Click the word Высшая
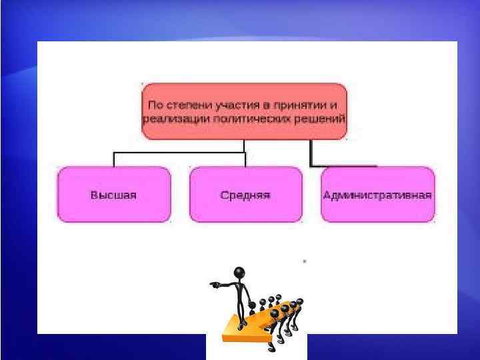click(113, 195)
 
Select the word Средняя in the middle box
click(245, 195)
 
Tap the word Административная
click(377, 195)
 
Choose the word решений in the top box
click(322, 119)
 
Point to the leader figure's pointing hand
click(213, 285)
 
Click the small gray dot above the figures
click(305, 261)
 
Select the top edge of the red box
click(244, 84)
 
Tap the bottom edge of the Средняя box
click(245, 221)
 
